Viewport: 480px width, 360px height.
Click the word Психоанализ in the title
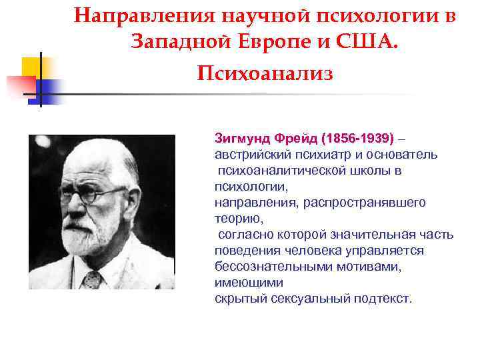click(265, 72)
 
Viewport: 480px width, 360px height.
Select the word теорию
click(239, 218)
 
